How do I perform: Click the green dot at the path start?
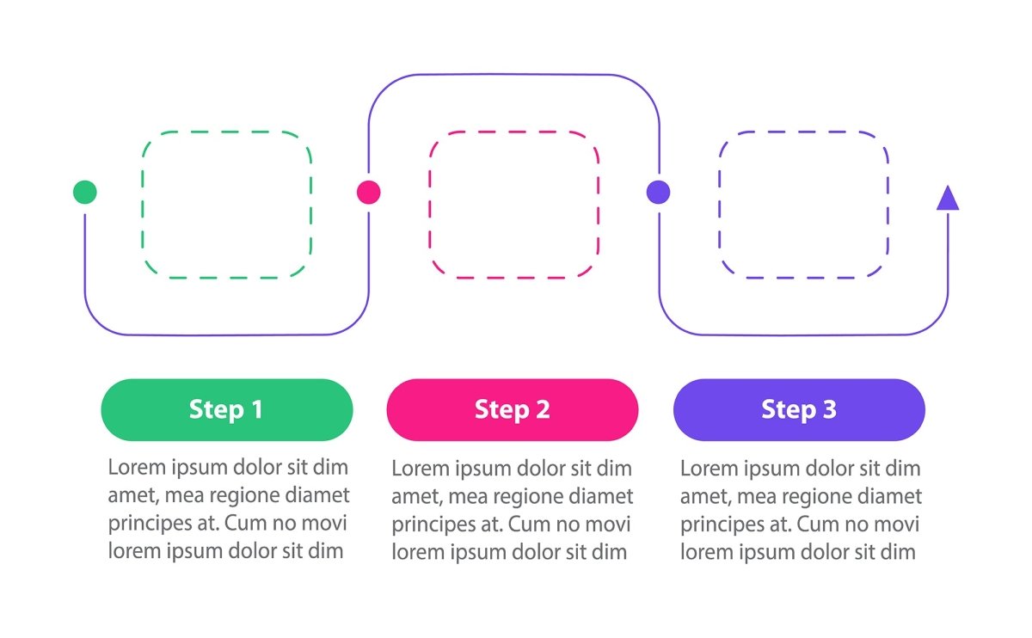85,192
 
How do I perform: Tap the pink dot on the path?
369,192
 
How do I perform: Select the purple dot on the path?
659,192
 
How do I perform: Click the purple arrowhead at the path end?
948,199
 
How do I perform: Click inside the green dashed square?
227,205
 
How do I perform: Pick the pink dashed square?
514,205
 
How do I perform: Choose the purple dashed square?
803,205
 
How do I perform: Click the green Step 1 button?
227,409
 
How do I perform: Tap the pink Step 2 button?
513,409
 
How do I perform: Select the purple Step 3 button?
799,409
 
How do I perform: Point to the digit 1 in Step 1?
256,409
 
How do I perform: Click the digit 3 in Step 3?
829,409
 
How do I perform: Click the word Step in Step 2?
500,410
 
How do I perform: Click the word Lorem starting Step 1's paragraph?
136,468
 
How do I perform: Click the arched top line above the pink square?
514,75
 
